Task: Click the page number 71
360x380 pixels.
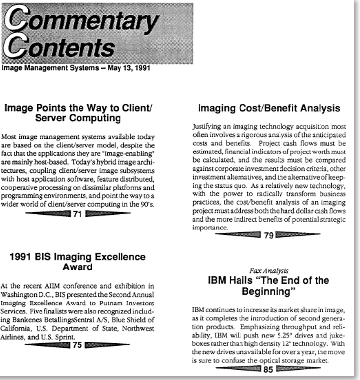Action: (77, 214)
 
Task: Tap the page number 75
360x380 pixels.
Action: (77, 345)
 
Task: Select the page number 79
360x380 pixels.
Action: (268, 235)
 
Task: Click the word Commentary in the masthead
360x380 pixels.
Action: (81, 21)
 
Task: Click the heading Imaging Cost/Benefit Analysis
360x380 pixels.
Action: (269, 108)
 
